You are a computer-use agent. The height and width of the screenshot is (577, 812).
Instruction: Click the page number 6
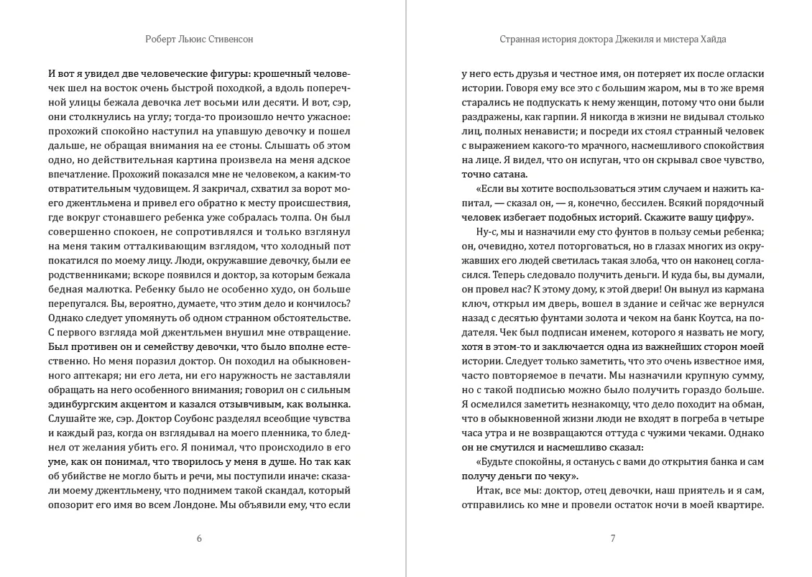[199, 539]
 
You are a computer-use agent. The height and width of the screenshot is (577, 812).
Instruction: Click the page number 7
[612, 539]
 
